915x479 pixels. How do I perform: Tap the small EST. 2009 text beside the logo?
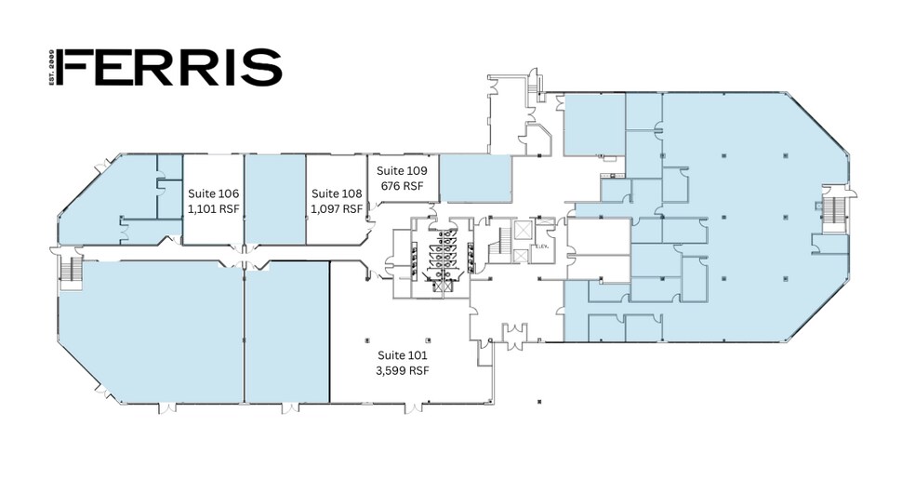(x=52, y=68)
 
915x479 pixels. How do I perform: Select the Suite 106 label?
(x=214, y=193)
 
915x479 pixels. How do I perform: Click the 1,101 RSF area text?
(x=214, y=209)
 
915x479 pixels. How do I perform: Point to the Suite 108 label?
(x=336, y=193)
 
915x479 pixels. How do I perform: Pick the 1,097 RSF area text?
(x=336, y=209)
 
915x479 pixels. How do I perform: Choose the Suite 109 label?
(x=402, y=171)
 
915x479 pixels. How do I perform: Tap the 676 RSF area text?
(x=402, y=186)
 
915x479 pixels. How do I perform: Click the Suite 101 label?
(x=402, y=355)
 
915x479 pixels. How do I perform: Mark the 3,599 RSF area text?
(x=402, y=370)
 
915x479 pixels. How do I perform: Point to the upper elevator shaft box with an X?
(x=523, y=229)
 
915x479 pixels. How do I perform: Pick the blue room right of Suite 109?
(x=474, y=178)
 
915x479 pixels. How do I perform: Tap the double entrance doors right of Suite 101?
(x=514, y=332)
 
